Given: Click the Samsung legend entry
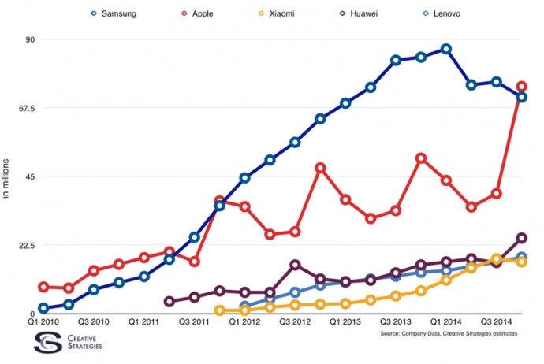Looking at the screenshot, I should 118,13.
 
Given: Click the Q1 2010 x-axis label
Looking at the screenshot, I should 43,321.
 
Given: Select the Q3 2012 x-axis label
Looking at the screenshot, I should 295,321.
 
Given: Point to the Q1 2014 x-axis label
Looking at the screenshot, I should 445,321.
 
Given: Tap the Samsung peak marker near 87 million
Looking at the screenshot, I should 446,49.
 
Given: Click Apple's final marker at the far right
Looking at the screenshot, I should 522,87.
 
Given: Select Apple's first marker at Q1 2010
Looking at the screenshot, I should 43,287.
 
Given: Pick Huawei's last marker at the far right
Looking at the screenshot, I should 522,238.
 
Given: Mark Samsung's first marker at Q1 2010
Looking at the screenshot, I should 43,308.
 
